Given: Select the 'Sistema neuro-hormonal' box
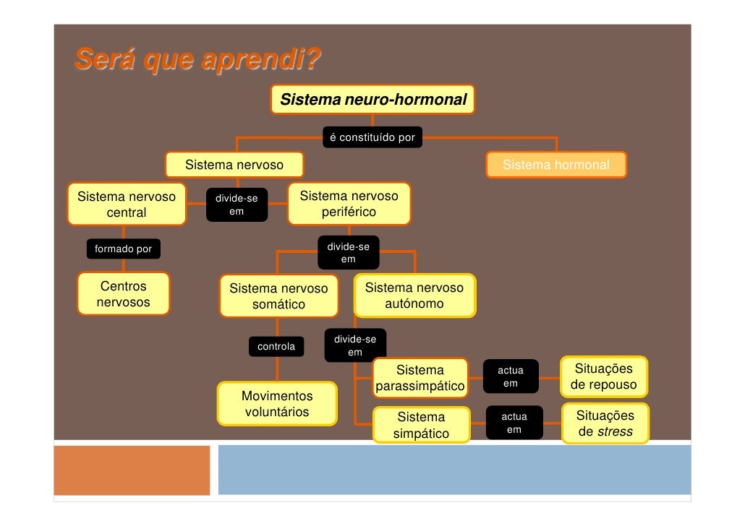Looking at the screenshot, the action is tap(373, 99).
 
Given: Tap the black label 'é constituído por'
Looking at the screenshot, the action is tap(372, 137).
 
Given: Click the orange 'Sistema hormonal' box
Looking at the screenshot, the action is tap(555, 165).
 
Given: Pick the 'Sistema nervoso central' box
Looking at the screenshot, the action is tap(126, 204).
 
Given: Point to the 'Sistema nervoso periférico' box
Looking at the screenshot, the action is tap(349, 204).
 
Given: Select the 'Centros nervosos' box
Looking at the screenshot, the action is tap(123, 293).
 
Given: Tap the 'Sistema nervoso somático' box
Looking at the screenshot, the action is tap(278, 296).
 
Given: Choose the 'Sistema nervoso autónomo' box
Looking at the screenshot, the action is tap(414, 295).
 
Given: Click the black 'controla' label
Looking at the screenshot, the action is tap(276, 347).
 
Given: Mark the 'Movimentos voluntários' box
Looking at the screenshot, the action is tap(277, 404).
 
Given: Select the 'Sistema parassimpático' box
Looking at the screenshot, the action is tap(420, 378).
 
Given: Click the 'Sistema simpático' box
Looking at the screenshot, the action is tap(421, 425).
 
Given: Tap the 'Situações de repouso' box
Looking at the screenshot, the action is tap(603, 376).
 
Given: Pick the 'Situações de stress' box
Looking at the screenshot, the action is tap(604, 423).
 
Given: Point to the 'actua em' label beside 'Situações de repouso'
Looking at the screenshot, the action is tap(511, 376).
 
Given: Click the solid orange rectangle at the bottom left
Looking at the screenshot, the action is tap(132, 470).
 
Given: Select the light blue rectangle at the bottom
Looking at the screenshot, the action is tap(454, 470).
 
